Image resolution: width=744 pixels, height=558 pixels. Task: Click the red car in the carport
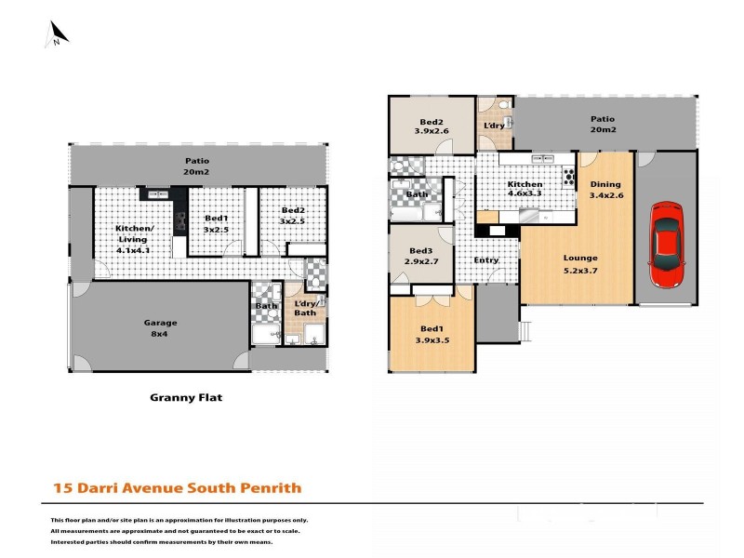tap(666, 245)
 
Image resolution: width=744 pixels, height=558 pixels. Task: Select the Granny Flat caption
tap(186, 396)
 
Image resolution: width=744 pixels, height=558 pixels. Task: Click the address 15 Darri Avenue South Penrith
tap(177, 487)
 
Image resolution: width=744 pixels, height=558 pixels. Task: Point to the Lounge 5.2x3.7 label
tap(579, 264)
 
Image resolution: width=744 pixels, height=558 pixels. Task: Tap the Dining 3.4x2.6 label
tap(606, 190)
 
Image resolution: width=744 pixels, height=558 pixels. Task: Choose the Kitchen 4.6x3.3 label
tap(525, 191)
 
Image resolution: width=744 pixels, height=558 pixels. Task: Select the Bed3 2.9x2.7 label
tap(421, 258)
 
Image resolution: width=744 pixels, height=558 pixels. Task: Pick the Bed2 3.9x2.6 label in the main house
tap(431, 127)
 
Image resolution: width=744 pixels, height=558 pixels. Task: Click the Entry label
tap(486, 260)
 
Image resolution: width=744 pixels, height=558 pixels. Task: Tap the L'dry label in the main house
tap(494, 125)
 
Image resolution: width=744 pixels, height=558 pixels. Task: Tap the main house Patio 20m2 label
tap(603, 124)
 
